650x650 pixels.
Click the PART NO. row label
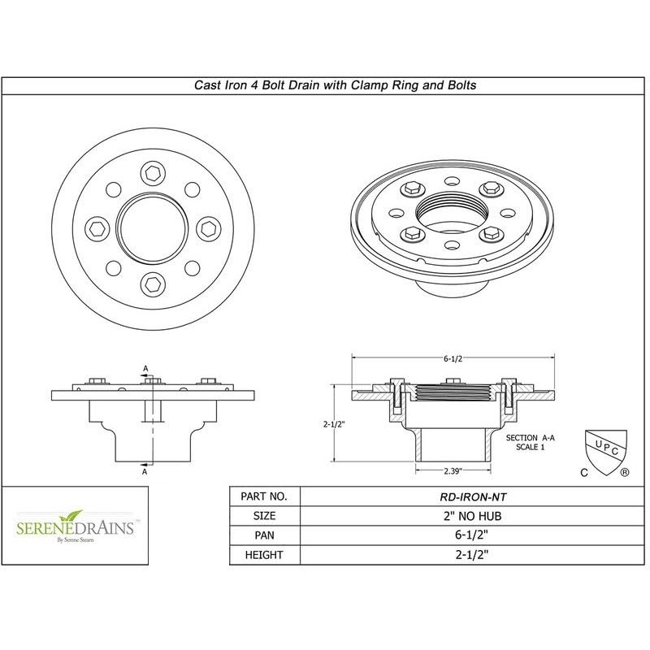click(266, 496)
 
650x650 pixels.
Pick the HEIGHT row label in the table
click(266, 556)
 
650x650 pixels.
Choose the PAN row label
click(266, 535)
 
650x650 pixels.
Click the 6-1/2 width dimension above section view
click(454, 358)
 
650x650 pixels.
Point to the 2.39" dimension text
click(453, 471)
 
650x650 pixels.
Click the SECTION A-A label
click(528, 438)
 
